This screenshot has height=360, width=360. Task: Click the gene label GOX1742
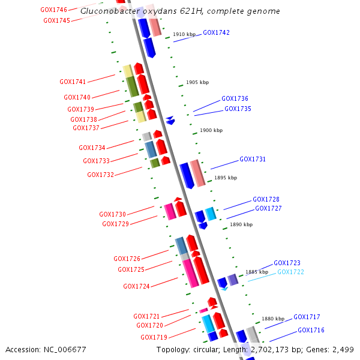(216, 32)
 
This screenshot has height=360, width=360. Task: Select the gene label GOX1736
(235, 98)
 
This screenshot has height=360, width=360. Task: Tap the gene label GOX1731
(253, 160)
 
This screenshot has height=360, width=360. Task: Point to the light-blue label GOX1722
(290, 272)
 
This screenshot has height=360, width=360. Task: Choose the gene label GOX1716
(311, 331)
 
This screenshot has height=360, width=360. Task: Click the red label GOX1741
(73, 82)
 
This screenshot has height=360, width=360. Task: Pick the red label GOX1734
(92, 148)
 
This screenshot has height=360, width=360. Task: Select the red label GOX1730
(112, 214)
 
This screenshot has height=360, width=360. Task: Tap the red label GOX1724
(136, 287)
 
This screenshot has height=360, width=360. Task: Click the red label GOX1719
(154, 337)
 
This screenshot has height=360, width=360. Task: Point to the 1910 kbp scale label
(184, 34)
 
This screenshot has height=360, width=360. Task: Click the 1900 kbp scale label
(211, 130)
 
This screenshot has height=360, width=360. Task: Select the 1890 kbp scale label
(241, 224)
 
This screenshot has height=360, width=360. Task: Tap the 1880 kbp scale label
(272, 319)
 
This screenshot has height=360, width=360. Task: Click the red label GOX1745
(56, 20)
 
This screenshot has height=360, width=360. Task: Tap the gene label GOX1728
(266, 199)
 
